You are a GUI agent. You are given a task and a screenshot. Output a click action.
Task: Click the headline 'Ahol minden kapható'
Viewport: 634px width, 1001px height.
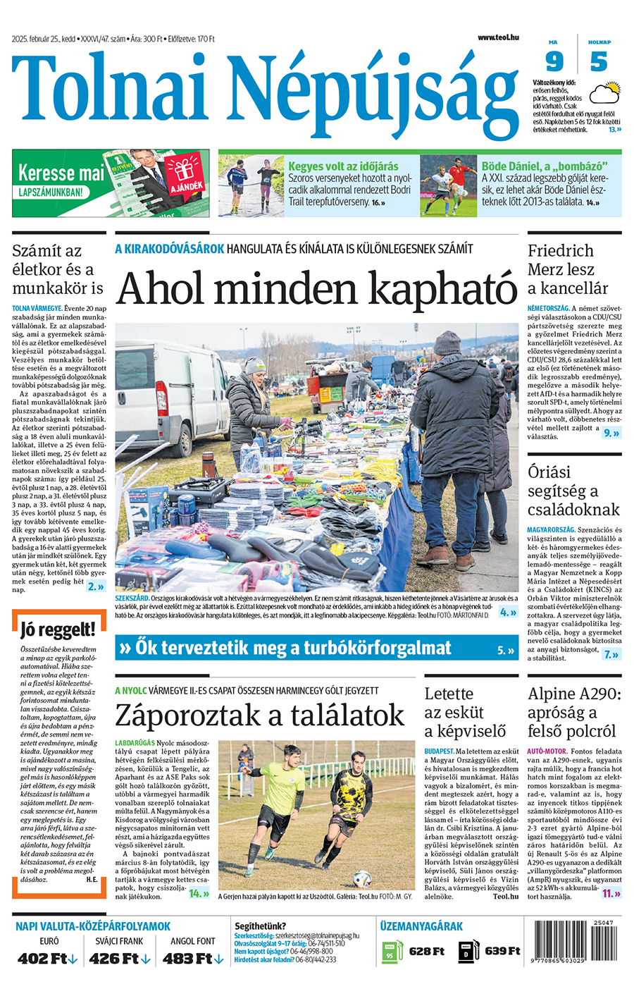tap(316, 288)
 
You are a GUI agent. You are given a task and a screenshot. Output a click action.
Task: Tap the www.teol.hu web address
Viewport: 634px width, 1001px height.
tap(498, 37)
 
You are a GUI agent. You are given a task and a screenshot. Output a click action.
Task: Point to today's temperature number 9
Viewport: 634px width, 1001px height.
tap(554, 62)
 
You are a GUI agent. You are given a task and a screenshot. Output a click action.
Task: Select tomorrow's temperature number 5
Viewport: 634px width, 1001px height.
tap(599, 62)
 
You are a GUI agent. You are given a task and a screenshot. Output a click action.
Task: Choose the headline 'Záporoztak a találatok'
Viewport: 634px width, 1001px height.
tap(259, 715)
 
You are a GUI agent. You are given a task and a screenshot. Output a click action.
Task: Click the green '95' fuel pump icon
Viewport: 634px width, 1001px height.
tap(390, 952)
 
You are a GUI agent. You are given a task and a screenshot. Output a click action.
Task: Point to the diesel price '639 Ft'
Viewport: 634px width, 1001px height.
tap(502, 951)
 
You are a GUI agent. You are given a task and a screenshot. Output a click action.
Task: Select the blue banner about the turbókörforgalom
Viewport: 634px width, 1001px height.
tap(316, 648)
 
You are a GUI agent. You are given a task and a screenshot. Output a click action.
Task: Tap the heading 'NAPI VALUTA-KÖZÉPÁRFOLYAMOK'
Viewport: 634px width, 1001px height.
tap(93, 926)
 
